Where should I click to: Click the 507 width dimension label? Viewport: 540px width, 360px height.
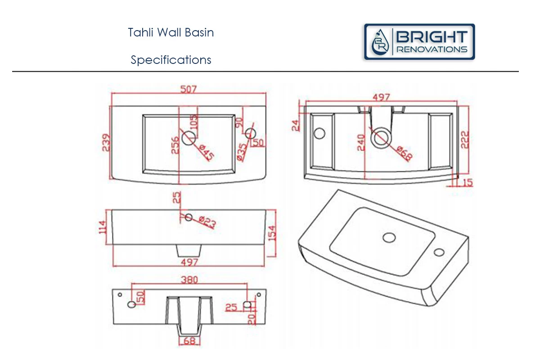pos(189,90)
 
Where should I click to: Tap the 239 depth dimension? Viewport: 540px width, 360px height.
pos(106,143)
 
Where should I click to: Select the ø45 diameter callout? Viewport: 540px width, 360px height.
pos(207,153)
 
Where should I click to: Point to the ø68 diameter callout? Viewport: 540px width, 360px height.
pos(405,153)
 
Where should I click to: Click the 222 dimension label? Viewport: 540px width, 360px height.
pos(464,139)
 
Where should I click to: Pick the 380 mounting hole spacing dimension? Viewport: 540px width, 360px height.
pos(189,280)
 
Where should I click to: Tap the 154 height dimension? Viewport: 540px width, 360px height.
pos(272,233)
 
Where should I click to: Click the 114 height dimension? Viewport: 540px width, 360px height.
pos(103,227)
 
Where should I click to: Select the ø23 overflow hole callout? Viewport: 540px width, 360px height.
pos(207,222)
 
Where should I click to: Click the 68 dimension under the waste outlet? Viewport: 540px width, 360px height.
pos(189,341)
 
